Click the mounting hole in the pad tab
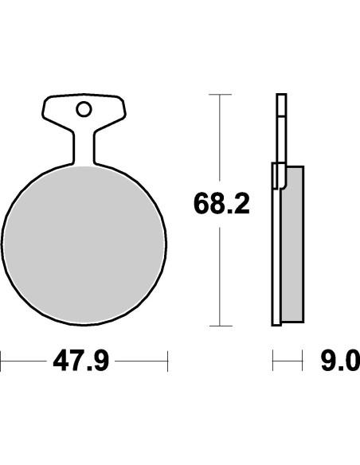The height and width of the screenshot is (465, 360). (84, 109)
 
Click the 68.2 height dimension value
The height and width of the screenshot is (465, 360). (221, 204)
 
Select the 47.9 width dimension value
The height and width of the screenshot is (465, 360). (81, 361)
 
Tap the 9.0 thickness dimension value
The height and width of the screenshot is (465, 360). (340, 361)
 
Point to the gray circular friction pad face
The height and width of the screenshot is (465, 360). (84, 244)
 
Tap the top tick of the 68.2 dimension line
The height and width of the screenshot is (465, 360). (220, 94)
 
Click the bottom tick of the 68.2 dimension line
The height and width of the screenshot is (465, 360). (221, 326)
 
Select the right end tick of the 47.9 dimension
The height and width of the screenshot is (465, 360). (167, 361)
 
